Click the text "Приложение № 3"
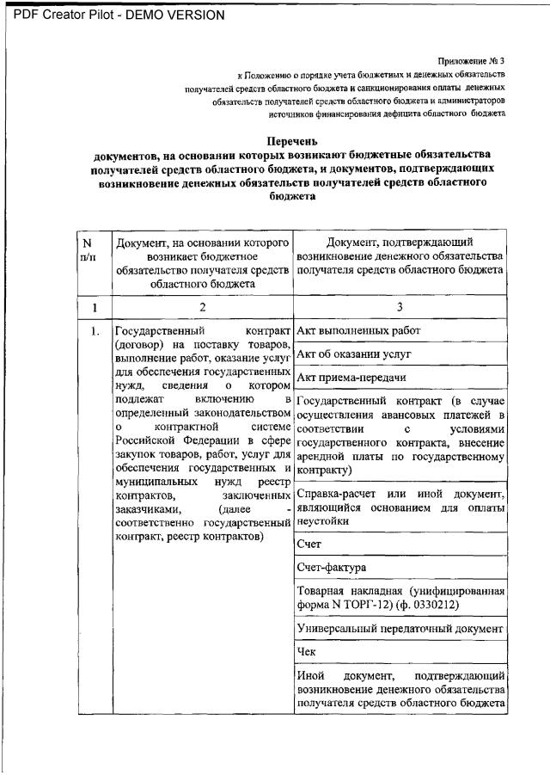click(x=471, y=60)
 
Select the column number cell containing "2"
click(x=203, y=307)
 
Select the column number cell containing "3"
click(x=399, y=307)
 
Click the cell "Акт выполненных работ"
click(x=358, y=330)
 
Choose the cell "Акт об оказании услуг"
click(x=354, y=354)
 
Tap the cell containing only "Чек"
click(x=307, y=652)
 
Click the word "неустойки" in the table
click(x=323, y=521)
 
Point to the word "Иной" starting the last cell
click(x=310, y=675)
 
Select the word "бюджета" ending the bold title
click(x=293, y=195)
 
